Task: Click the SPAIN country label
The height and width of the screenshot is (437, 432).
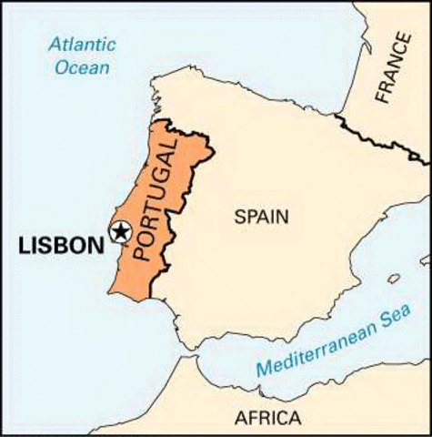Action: [260, 217]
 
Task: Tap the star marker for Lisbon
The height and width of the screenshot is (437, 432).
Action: [119, 232]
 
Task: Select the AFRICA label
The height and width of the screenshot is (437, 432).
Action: [267, 418]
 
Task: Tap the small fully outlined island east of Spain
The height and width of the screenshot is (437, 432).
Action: [394, 279]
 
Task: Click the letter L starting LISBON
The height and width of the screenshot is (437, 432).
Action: [23, 245]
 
